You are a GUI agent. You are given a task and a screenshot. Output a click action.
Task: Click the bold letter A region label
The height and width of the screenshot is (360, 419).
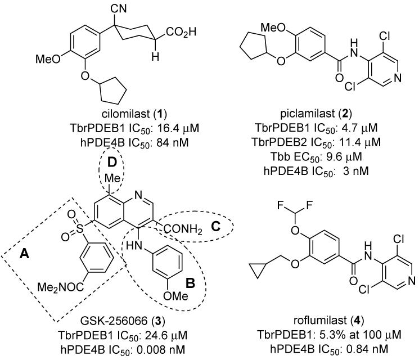(x=24, y=255)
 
